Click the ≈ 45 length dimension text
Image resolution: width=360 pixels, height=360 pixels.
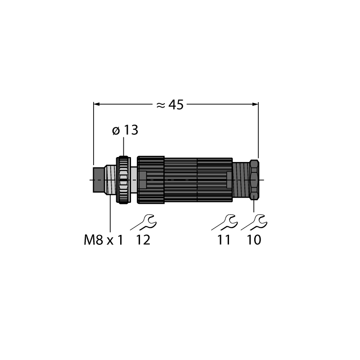coord(170,105)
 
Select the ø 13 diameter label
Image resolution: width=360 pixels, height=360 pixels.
coord(125,130)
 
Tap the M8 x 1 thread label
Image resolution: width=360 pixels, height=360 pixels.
coord(103,240)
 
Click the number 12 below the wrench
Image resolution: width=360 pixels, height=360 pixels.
coord(143,240)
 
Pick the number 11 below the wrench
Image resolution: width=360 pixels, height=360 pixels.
coord(224,240)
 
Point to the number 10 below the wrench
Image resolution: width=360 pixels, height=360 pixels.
coord(254,240)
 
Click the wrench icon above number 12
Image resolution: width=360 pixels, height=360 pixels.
coord(144,222)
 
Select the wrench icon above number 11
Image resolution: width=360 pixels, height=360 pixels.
coord(225,222)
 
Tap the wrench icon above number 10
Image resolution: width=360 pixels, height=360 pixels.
coord(254,222)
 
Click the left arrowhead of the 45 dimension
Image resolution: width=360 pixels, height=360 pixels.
coord(96,104)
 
